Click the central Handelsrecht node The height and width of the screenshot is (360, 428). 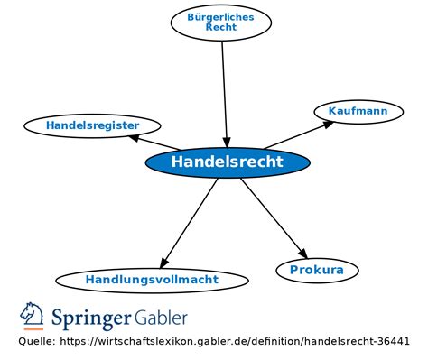click(x=228, y=162)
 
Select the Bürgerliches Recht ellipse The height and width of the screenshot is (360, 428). click(x=221, y=23)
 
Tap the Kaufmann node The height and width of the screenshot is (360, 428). click(x=358, y=112)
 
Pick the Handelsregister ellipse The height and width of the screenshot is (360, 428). click(x=92, y=125)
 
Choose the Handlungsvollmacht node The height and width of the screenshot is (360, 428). click(x=153, y=280)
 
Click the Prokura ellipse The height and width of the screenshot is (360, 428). click(x=317, y=270)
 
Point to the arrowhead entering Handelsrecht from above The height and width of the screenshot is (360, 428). click(x=227, y=143)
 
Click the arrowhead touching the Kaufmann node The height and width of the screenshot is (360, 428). click(x=328, y=125)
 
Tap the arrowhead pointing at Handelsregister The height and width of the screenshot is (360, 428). click(x=134, y=138)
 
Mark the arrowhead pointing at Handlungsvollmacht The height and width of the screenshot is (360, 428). click(x=163, y=263)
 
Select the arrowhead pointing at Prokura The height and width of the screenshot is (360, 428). click(x=302, y=254)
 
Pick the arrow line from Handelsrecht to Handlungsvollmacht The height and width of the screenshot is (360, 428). click(x=189, y=223)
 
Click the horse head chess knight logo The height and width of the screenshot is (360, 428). click(x=32, y=316)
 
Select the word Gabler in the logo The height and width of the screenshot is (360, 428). click(x=161, y=318)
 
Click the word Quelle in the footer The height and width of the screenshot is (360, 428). click(x=37, y=341)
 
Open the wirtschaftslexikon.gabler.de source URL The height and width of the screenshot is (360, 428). click(x=235, y=341)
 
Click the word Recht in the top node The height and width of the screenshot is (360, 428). click(x=221, y=27)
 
